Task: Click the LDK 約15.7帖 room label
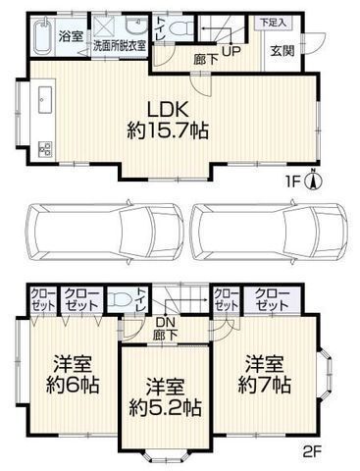click(164, 117)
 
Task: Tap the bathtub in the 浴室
click(39, 37)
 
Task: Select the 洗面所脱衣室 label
click(119, 45)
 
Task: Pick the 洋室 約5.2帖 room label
click(165, 393)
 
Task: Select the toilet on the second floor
click(122, 299)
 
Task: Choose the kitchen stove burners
click(44, 148)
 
